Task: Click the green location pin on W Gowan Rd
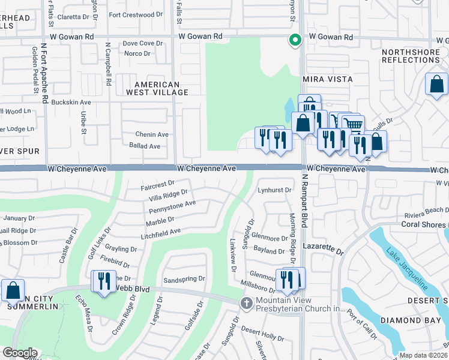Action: pos(295,40)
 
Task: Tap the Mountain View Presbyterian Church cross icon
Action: pos(246,304)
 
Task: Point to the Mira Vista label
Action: pos(327,79)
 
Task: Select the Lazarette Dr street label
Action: pos(322,247)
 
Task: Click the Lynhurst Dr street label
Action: pos(274,190)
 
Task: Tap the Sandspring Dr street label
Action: pos(184,279)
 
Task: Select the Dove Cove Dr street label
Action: pos(142,44)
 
